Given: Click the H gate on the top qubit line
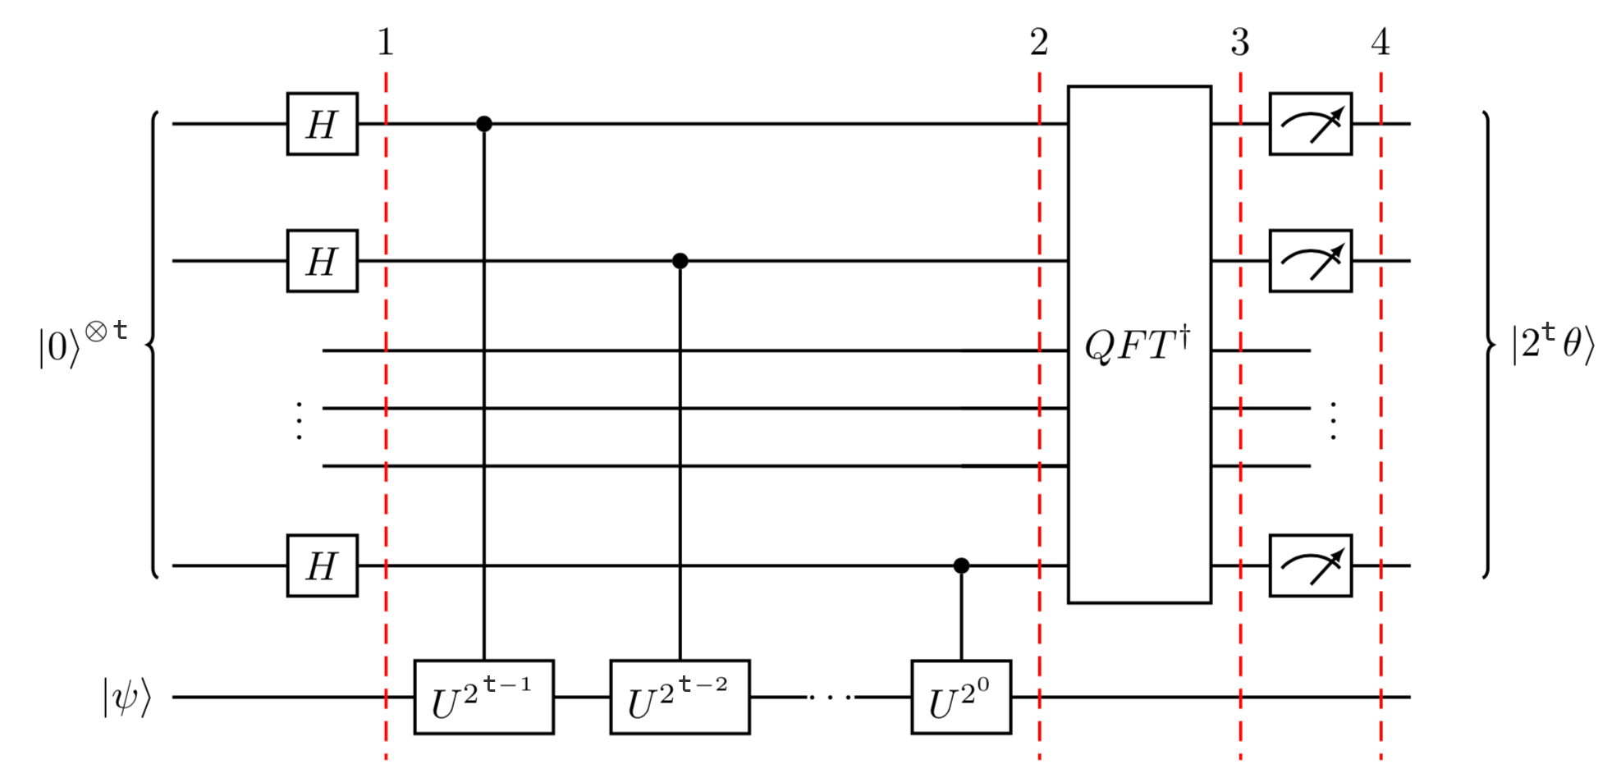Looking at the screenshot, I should pos(322,124).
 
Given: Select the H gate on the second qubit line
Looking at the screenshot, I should pos(322,261).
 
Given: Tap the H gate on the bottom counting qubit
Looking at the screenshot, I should pos(322,565).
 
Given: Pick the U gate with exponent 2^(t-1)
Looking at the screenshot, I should pos(483,697).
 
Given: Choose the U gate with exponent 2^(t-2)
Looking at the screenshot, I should pos(680,697).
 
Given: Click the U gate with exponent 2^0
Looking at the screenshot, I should pos(961,697).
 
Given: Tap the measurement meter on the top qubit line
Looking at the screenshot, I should pos(1310,124).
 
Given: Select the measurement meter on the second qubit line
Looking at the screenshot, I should pos(1310,261).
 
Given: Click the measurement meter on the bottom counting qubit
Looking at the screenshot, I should pos(1310,565).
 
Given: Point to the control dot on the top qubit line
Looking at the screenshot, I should pos(484,124).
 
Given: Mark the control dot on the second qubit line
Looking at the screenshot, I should pos(680,261).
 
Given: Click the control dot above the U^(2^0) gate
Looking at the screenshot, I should pos(961,565).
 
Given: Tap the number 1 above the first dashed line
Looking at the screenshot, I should pos(386,43).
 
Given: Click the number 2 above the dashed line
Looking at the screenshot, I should pos(1039,43).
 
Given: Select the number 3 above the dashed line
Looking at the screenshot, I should pos(1240,43).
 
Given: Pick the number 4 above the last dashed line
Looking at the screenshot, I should pos(1381,43).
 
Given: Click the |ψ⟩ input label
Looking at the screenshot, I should pos(127,698).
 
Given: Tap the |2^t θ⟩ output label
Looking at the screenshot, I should pos(1553,343).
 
